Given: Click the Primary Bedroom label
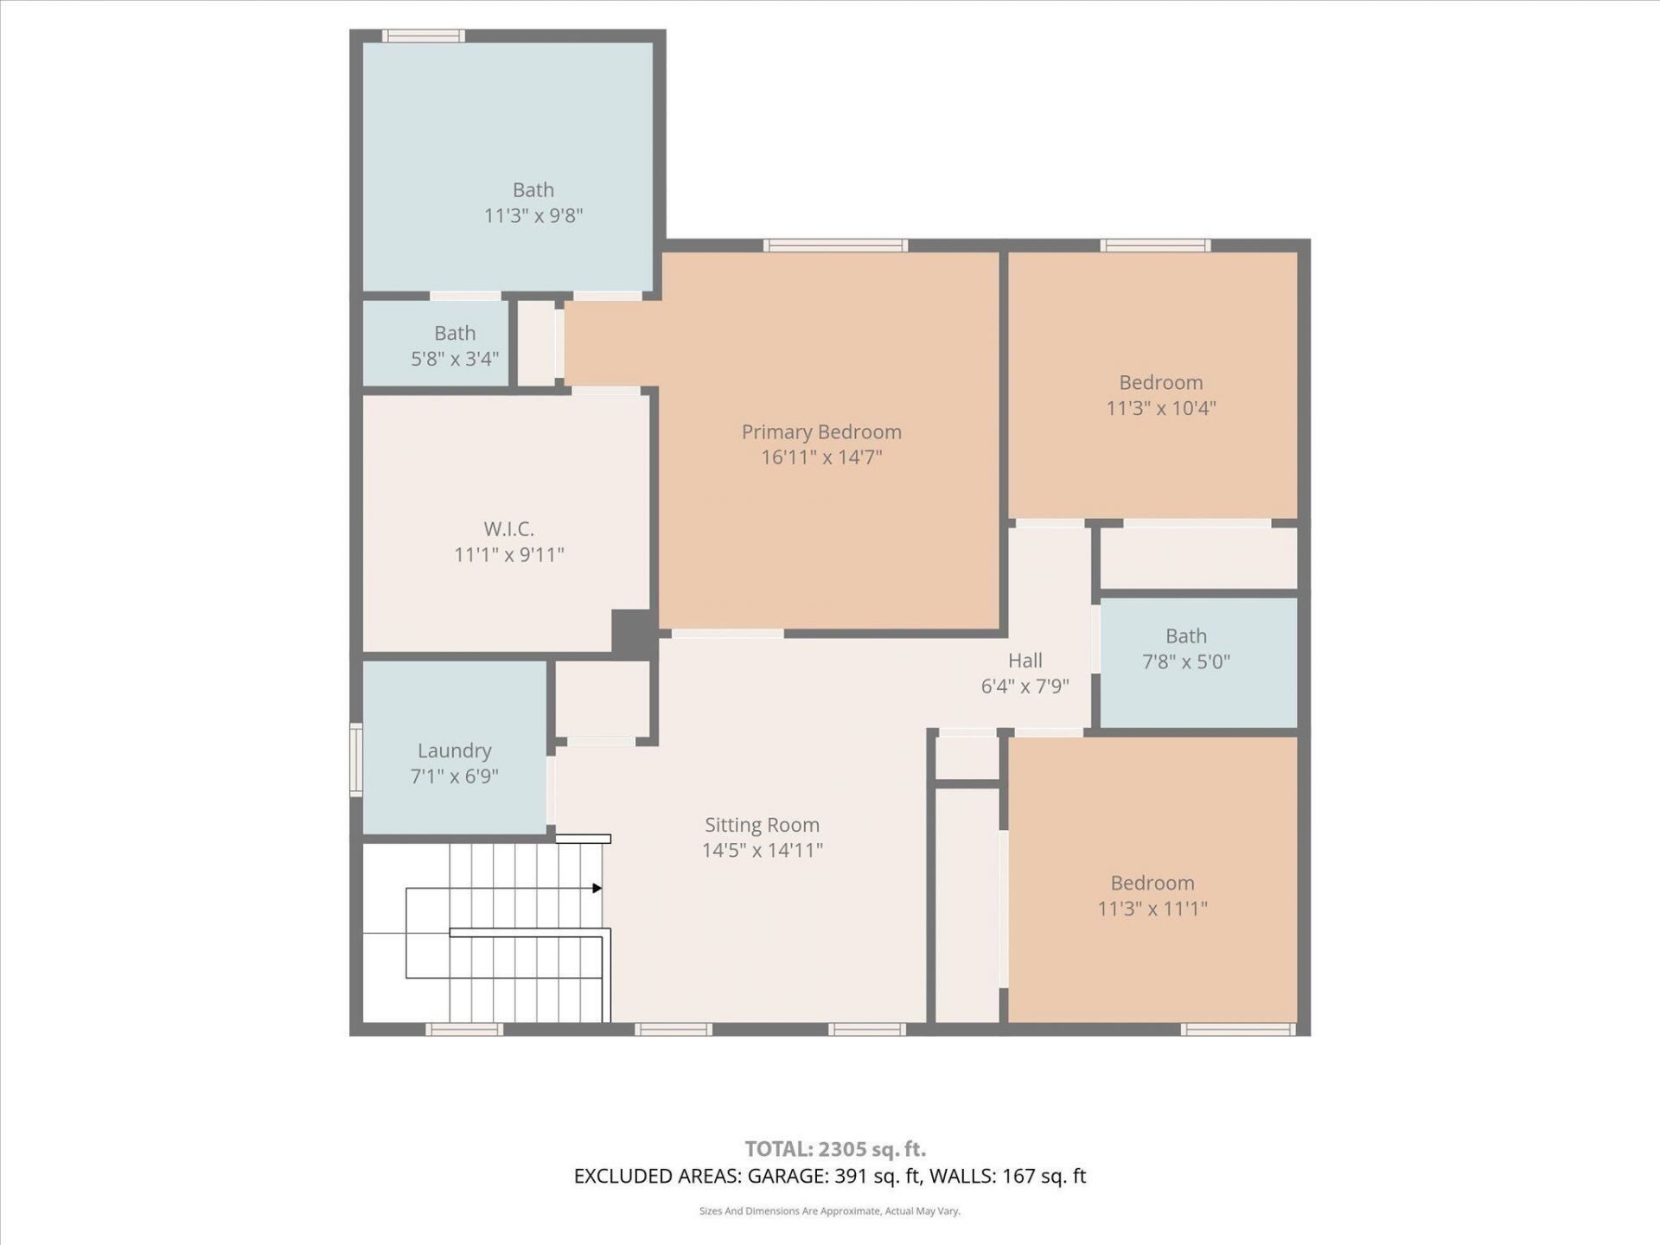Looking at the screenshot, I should coord(821,431).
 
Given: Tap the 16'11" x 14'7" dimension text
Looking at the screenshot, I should coord(821,457).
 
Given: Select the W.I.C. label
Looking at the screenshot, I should coord(508,528).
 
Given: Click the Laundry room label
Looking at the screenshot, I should coord(454,750).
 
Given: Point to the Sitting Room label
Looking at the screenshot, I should coord(762,825).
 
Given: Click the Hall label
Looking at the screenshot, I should coord(1025,661).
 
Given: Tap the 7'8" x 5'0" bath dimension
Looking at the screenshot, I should coord(1185,662).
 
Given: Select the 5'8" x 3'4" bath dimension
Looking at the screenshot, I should coord(455,359).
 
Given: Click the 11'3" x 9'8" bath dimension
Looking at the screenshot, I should coord(533,215).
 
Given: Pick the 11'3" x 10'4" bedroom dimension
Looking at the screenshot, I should coord(1160,408).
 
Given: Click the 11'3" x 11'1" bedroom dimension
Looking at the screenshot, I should coord(1152,909).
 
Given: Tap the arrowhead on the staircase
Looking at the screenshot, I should coord(597,888).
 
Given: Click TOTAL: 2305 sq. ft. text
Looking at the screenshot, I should coord(835,1149).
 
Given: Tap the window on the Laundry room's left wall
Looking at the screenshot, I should coord(355,759).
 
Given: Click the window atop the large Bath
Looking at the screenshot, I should coord(424,36).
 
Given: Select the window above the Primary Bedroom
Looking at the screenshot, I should coord(835,246).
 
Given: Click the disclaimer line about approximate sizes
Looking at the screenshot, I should coord(829,1211).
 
